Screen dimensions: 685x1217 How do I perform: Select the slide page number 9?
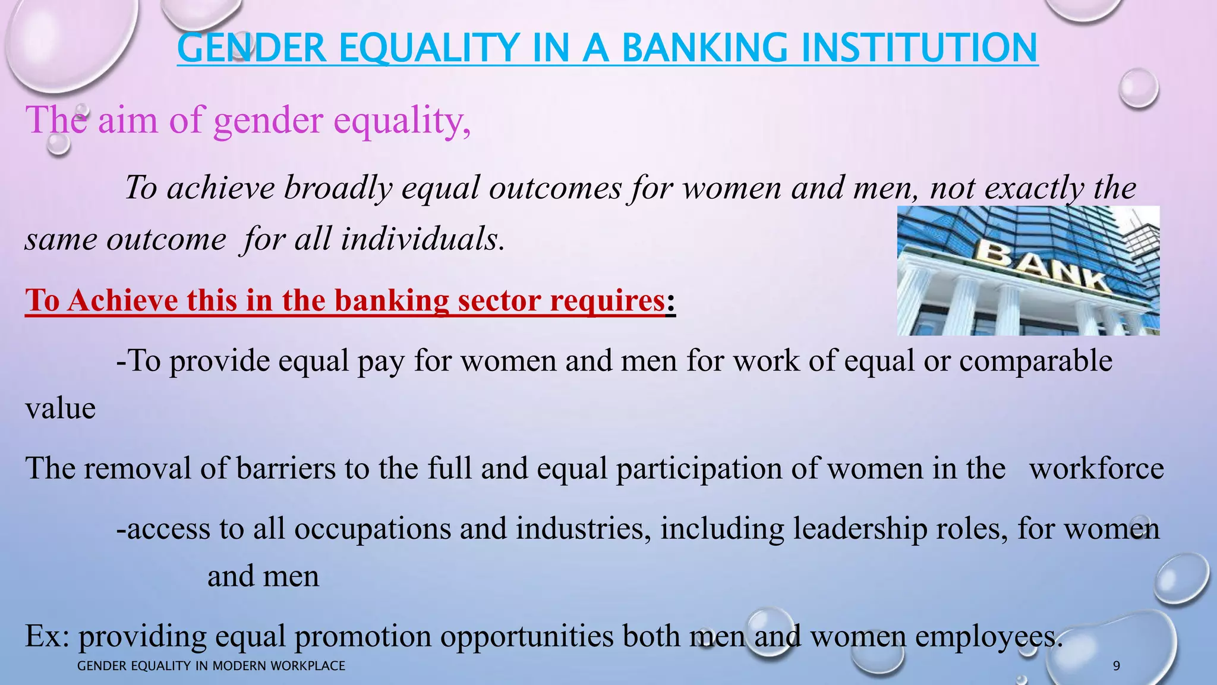[x=1116, y=666]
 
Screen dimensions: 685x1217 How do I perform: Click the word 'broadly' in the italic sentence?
[x=338, y=188]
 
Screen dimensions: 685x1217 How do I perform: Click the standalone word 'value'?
[x=60, y=409]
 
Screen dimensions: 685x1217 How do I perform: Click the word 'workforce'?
[x=1096, y=469]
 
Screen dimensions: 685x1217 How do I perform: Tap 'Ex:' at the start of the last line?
[x=48, y=636]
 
